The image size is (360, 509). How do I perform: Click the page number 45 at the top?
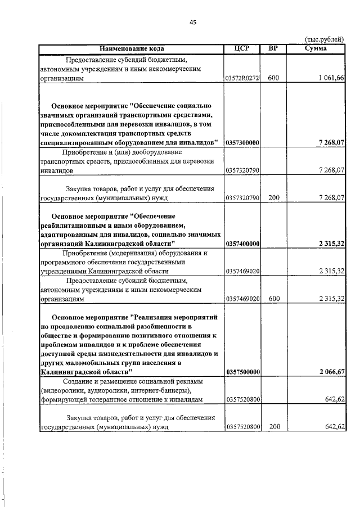[x=193, y=22]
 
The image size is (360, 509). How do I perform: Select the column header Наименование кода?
[x=131, y=49]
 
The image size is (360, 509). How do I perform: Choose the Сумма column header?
[x=316, y=49]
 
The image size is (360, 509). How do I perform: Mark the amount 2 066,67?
[x=331, y=372]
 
